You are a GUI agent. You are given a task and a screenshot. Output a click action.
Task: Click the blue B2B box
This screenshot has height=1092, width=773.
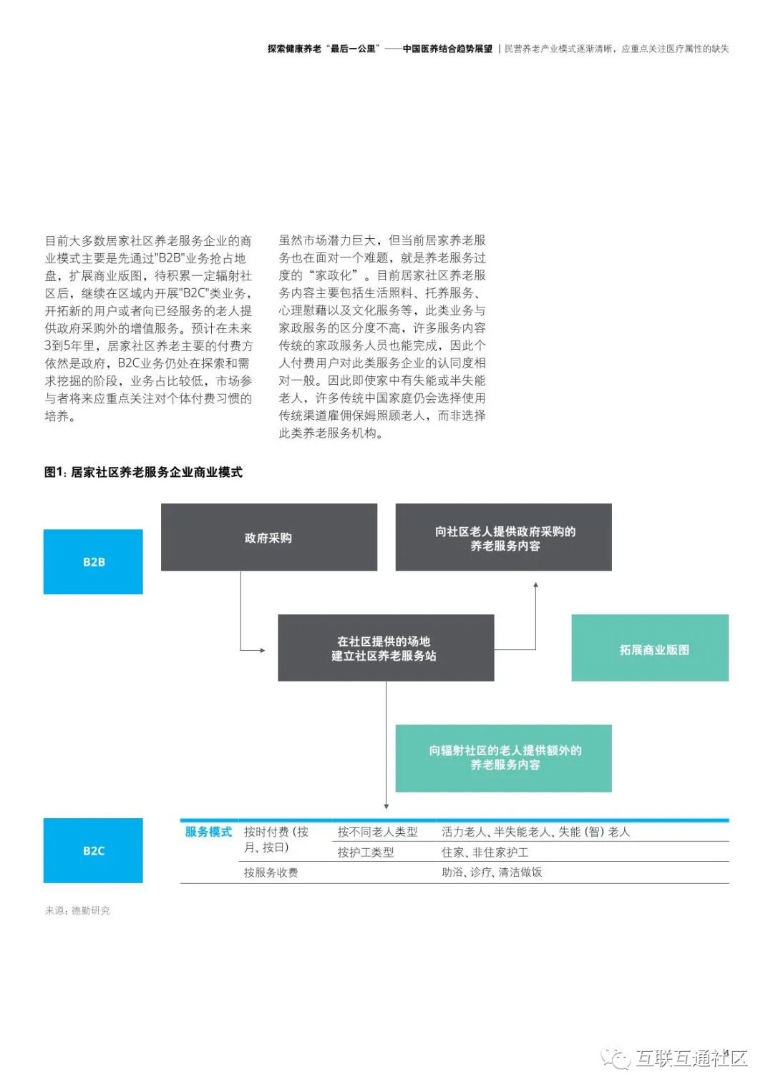click(93, 561)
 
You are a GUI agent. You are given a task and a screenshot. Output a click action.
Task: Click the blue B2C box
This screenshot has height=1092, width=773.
click(93, 850)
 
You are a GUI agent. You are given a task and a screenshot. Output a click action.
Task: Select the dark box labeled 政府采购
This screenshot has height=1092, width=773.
click(268, 537)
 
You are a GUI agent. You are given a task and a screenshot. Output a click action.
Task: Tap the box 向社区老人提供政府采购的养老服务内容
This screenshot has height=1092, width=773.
click(504, 537)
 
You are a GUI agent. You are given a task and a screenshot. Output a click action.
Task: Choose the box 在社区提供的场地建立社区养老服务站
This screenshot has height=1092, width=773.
click(386, 648)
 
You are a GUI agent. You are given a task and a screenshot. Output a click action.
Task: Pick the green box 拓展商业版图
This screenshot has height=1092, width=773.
click(650, 648)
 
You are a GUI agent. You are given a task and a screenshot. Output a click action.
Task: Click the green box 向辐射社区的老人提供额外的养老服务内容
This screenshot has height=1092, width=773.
click(504, 758)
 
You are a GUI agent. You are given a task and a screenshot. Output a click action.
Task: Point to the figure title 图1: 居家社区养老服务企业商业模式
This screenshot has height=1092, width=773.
click(143, 472)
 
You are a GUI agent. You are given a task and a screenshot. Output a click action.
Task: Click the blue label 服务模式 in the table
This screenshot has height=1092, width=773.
click(208, 832)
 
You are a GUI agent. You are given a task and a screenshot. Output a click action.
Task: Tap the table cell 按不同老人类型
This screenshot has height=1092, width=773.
click(377, 832)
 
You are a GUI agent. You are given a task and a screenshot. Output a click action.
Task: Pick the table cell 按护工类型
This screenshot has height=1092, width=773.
click(366, 852)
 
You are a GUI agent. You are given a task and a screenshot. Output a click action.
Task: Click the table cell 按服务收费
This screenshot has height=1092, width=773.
click(271, 872)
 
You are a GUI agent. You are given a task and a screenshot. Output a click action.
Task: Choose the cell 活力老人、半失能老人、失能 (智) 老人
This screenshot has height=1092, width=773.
click(535, 832)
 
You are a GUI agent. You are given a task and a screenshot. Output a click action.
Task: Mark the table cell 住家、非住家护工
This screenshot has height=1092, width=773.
click(485, 852)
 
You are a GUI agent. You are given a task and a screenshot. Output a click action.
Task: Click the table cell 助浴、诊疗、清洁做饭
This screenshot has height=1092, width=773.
click(492, 872)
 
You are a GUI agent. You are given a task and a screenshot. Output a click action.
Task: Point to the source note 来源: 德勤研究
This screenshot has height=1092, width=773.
click(77, 910)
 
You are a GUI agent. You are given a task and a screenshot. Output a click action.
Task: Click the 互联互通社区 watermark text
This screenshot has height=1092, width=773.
click(691, 1058)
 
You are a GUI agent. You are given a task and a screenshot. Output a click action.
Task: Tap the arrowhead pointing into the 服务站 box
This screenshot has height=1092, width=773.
click(263, 650)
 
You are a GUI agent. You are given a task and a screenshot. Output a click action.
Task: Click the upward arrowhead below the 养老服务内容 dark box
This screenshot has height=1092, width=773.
click(535, 586)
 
